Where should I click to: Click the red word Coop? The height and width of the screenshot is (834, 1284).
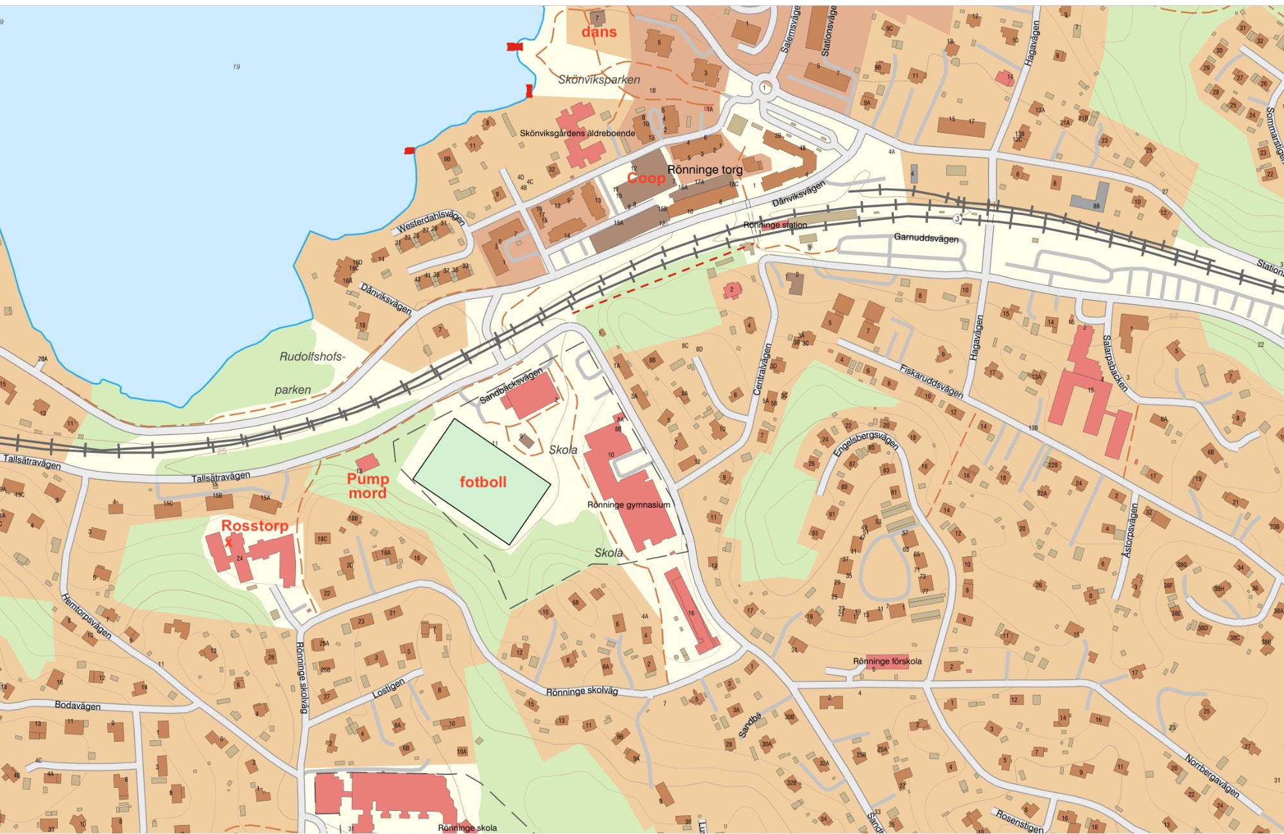(645, 178)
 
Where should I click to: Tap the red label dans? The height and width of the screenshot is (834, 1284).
(599, 32)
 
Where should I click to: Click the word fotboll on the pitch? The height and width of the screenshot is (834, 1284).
(483, 482)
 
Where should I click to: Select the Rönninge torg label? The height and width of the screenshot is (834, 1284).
(705, 170)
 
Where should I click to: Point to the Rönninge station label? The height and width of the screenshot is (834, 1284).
(775, 225)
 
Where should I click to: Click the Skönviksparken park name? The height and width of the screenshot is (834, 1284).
(599, 80)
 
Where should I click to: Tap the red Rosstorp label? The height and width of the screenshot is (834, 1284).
(254, 526)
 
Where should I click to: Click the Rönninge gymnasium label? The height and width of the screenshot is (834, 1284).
(629, 505)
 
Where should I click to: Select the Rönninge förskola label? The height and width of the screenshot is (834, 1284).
(887, 661)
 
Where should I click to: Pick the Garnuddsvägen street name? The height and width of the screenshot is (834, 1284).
(926, 238)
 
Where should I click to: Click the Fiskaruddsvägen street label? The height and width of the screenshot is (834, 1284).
(931, 381)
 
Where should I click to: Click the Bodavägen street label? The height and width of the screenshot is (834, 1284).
(78, 705)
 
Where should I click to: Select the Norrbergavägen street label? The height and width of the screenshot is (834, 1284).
(1211, 776)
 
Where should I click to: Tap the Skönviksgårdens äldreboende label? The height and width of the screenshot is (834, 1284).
(577, 133)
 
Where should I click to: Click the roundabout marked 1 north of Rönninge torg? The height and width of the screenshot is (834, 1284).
(764, 87)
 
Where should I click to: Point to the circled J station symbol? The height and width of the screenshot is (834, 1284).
(957, 219)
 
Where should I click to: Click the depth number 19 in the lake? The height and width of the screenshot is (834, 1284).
(236, 67)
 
